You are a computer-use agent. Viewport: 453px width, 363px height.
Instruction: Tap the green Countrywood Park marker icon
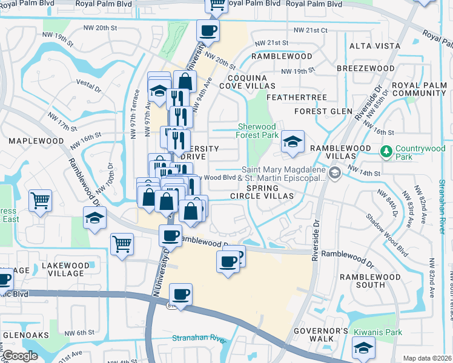pos(385,150)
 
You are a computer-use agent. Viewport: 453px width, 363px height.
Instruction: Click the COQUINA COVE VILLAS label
pos(251,82)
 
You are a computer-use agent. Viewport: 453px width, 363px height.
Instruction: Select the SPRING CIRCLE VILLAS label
pos(261,191)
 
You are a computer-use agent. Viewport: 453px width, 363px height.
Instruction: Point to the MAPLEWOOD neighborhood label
pos(36,141)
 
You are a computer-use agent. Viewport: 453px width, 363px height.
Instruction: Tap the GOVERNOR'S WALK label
pos(321,335)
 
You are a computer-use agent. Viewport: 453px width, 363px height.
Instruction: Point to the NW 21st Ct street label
pos(310,30)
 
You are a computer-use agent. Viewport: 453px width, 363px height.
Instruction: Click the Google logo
pos(19,356)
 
